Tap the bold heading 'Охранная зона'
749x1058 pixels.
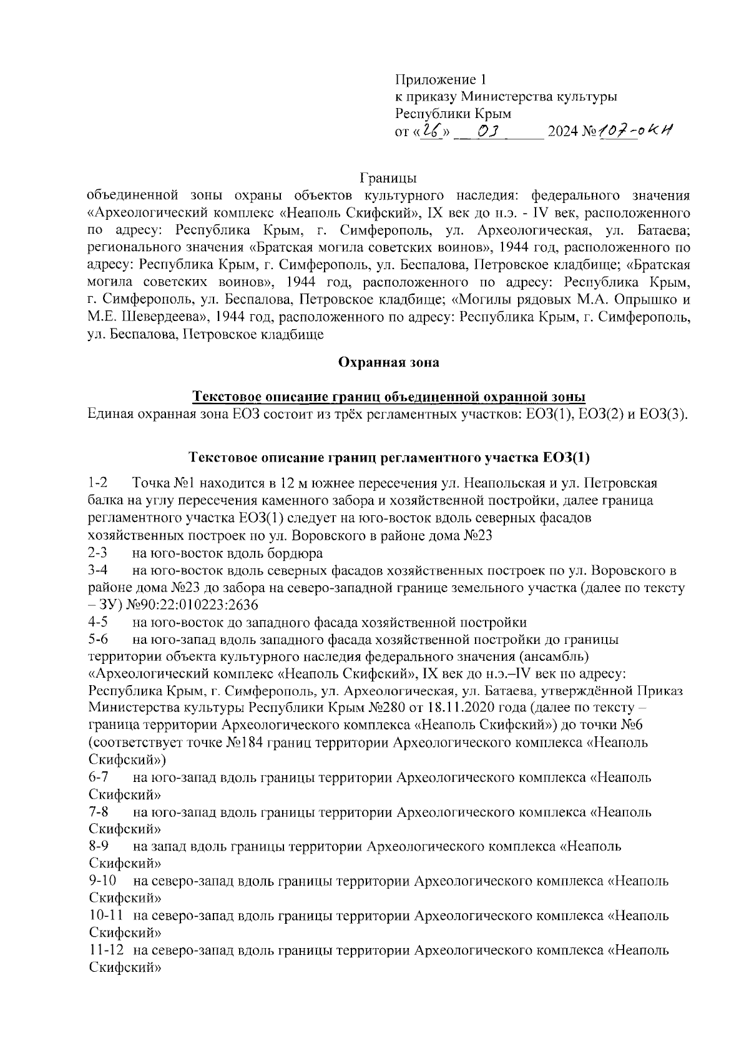pyautogui.click(x=388, y=362)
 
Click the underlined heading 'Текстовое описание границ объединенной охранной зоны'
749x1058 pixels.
pyautogui.click(x=388, y=397)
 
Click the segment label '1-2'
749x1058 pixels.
pyautogui.click(x=98, y=483)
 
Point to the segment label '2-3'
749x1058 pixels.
pyautogui.click(x=98, y=553)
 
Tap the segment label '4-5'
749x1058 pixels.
pyautogui.click(x=98, y=623)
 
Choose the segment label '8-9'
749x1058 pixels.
pyautogui.click(x=98, y=847)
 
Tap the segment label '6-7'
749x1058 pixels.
pyautogui.click(x=98, y=778)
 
